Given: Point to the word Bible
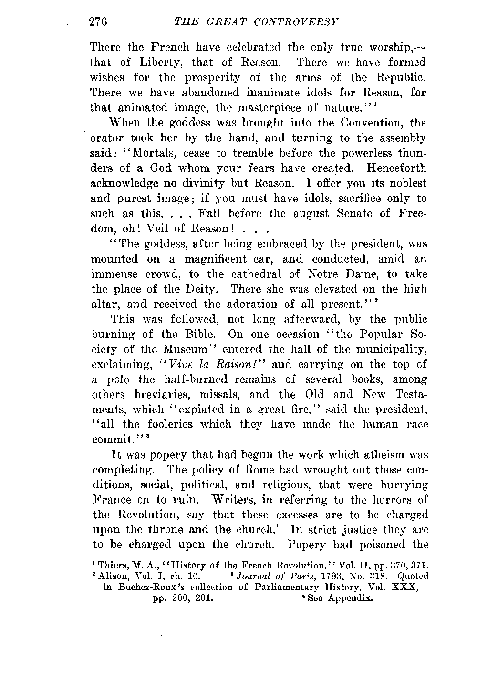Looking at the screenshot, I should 204,334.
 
